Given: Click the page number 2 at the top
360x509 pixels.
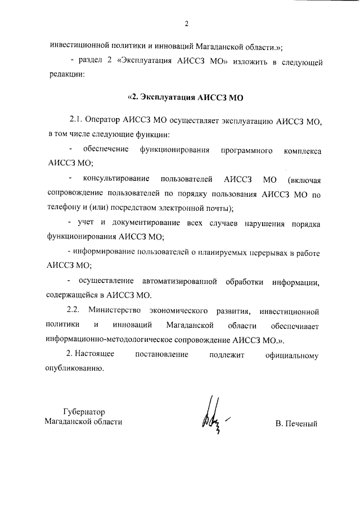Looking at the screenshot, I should (x=186, y=23).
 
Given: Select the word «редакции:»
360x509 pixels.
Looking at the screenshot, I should (x=66, y=75).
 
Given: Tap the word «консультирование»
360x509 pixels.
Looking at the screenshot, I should (x=116, y=179).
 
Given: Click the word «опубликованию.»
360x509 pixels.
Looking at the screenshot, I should (x=75, y=370).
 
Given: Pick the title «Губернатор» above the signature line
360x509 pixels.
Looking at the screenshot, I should (x=84, y=411).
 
